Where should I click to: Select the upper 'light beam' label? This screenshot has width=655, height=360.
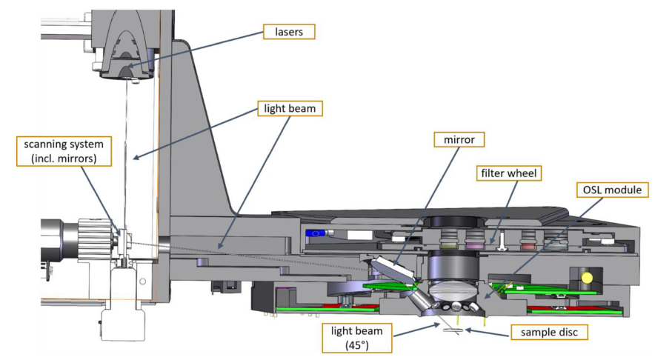click(289, 109)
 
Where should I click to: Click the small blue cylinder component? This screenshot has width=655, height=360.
click(316, 233)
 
